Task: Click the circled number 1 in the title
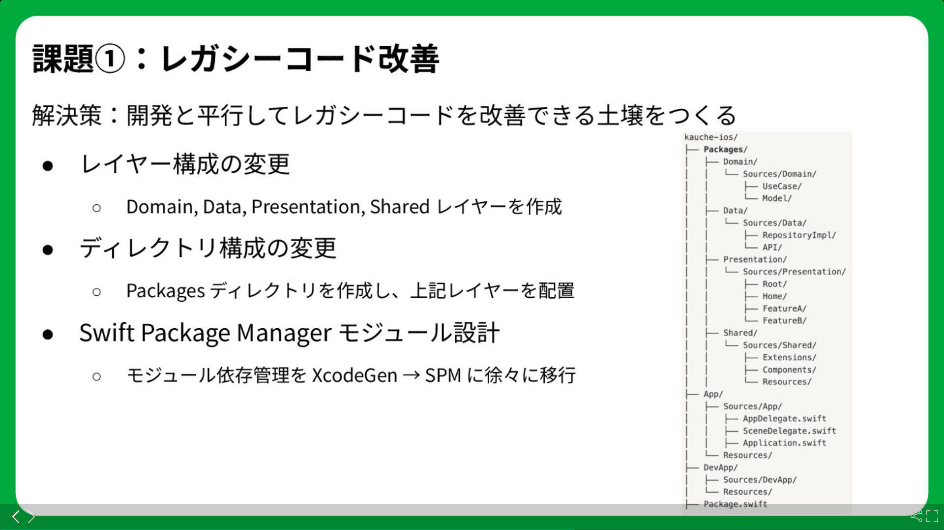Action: point(110,59)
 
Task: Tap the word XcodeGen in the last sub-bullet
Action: point(354,375)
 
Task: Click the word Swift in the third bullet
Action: point(107,333)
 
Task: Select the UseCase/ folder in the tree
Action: point(782,186)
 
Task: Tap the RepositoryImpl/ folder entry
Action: point(799,235)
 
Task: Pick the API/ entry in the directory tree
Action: point(772,247)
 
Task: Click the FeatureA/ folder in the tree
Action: point(784,309)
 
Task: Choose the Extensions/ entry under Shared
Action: point(789,357)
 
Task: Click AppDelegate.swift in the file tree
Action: point(784,419)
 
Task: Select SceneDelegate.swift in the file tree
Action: point(789,431)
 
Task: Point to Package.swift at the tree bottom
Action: point(735,504)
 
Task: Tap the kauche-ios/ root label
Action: point(711,137)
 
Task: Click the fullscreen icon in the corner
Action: point(932,516)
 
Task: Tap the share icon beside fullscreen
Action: point(916,516)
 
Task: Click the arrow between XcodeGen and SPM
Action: point(411,375)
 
